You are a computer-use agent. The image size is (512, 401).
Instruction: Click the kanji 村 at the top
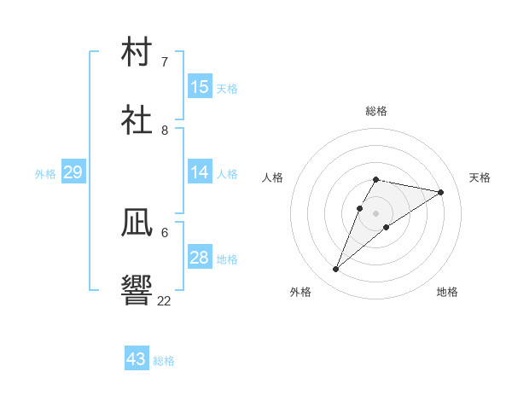[137, 51]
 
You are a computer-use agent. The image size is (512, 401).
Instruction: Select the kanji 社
[137, 119]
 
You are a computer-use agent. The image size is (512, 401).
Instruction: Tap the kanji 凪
[137, 223]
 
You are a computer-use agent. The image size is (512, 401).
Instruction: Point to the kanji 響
[137, 290]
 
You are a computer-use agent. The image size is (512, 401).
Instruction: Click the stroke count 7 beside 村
[165, 61]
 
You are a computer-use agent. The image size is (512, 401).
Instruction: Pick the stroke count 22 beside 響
[164, 300]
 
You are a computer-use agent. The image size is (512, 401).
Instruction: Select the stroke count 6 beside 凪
[165, 233]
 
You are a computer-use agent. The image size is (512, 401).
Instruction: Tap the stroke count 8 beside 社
[165, 131]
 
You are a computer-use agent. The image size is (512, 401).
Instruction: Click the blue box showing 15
[200, 86]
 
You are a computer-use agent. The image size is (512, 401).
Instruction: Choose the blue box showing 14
[200, 171]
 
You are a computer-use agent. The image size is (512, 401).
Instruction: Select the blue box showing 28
[200, 256]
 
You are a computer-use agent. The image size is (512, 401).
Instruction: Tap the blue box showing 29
[73, 171]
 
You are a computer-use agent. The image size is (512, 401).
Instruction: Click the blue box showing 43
[137, 357]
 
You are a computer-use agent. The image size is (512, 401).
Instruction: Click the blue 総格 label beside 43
[164, 361]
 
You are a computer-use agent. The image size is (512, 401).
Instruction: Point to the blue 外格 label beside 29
[45, 174]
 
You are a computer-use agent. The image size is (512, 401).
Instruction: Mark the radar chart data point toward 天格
[440, 192]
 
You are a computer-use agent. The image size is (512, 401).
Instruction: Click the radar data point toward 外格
[335, 269]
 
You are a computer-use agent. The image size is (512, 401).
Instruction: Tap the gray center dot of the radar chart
[375, 213]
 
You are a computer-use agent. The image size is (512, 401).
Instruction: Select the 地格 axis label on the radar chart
[447, 292]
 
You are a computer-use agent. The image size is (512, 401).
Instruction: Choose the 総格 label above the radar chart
[376, 111]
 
